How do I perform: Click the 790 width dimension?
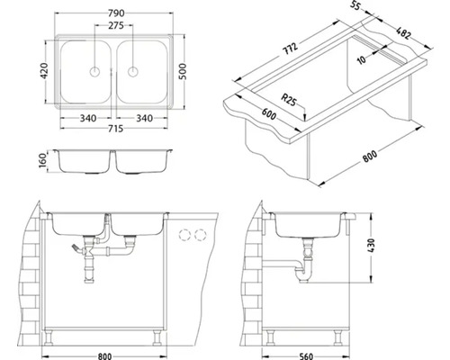[x=116, y=13]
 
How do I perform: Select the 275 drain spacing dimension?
[x=116, y=26]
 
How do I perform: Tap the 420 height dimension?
[x=44, y=71]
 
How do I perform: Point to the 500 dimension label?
[x=182, y=71]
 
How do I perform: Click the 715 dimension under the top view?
[x=115, y=129]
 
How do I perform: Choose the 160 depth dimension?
[x=43, y=160]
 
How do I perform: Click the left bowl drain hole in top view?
[x=94, y=72]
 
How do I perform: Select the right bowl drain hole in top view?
[x=132, y=72]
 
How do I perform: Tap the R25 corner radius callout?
[x=288, y=100]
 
